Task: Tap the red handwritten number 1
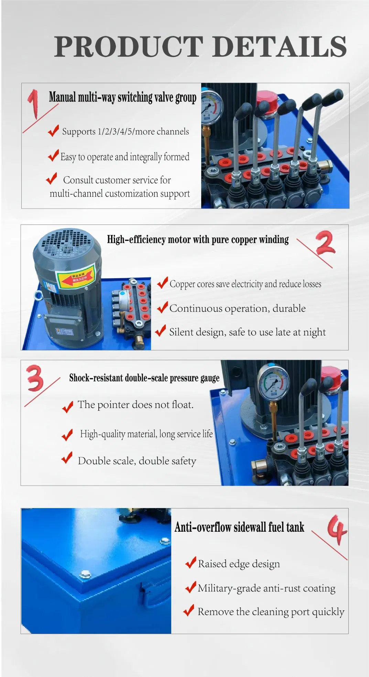click(x=33, y=104)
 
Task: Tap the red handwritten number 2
click(x=325, y=242)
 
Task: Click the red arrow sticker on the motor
click(x=76, y=277)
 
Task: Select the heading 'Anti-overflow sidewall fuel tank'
click(x=239, y=527)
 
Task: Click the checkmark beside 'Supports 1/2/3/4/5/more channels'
click(x=53, y=131)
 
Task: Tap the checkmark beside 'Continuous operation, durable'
click(x=162, y=307)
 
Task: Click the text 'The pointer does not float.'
click(x=135, y=405)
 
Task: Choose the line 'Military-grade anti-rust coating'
click(x=267, y=588)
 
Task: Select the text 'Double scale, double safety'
click(x=137, y=461)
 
